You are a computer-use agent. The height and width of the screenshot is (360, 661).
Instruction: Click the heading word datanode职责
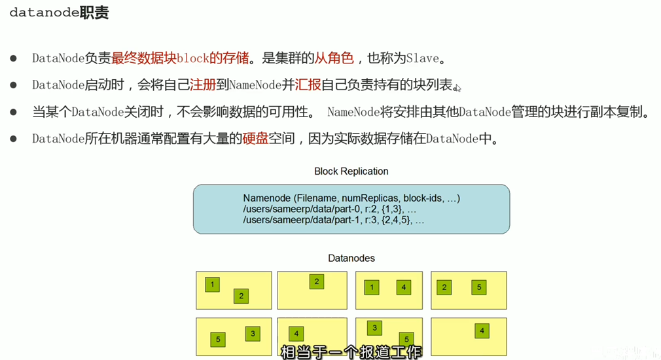[59, 13]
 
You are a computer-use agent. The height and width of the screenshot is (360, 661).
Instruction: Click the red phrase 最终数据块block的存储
[180, 58]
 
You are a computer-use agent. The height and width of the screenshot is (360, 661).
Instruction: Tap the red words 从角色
[334, 58]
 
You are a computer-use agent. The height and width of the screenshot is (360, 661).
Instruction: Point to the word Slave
[422, 58]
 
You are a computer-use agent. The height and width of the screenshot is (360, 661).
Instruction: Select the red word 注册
[202, 86]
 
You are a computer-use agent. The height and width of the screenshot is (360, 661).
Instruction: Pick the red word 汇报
[308, 86]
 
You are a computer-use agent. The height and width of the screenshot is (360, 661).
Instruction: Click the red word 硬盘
[255, 139]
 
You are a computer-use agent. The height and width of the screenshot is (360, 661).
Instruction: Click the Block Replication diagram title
[351, 171]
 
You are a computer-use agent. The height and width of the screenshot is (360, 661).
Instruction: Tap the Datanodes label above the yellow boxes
[351, 259]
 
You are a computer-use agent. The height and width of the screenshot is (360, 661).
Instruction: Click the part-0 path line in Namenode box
[329, 209]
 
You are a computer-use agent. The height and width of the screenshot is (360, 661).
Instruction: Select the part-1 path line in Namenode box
[333, 221]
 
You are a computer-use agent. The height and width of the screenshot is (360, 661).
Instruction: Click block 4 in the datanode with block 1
[404, 287]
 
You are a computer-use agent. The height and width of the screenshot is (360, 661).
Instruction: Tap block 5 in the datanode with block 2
[479, 287]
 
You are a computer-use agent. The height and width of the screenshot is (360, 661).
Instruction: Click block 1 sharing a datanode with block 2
[212, 284]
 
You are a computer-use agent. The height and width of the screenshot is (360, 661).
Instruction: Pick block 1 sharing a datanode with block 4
[372, 287]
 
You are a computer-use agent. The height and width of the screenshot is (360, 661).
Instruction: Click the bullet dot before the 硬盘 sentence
[14, 139]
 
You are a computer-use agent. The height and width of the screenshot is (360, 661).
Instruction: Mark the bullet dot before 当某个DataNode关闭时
[14, 112]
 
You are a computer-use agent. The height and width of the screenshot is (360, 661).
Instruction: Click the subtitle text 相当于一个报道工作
[351, 352]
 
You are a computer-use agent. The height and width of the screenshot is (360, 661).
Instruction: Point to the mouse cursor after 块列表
[457, 88]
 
